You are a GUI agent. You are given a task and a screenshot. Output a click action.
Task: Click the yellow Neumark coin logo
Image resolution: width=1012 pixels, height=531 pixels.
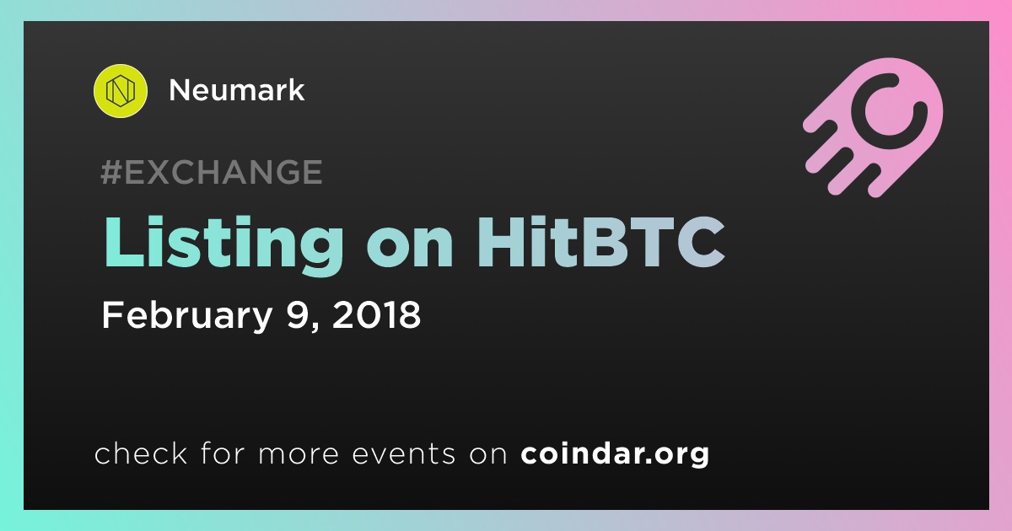(x=120, y=91)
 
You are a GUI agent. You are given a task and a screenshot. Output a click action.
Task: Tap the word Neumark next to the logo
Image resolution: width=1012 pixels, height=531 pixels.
(x=237, y=90)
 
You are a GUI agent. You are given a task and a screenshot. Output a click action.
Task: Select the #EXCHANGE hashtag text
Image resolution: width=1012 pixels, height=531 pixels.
(x=212, y=172)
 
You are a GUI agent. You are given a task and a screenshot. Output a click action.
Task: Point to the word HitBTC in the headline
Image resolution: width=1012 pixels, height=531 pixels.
(x=601, y=242)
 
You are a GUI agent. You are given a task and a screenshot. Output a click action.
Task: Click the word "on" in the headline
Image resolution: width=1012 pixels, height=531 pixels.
(x=410, y=249)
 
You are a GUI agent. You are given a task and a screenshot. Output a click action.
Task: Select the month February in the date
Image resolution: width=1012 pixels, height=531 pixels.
(x=187, y=315)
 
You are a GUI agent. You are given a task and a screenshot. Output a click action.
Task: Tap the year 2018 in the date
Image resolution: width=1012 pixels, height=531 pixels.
(x=376, y=314)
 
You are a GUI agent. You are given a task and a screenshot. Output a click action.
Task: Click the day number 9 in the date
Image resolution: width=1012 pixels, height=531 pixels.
(x=297, y=314)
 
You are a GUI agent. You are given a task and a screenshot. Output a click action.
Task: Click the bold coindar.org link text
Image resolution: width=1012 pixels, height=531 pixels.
(x=615, y=453)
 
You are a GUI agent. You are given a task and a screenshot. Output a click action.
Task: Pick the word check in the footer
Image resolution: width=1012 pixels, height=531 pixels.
(x=141, y=453)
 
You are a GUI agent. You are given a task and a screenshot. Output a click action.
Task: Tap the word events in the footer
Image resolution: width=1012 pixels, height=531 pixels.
(x=404, y=453)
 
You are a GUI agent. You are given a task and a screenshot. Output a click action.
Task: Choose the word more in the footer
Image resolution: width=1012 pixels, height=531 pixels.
(x=299, y=454)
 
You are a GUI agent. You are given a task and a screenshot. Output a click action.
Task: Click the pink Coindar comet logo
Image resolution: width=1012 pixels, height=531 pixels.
(x=873, y=127)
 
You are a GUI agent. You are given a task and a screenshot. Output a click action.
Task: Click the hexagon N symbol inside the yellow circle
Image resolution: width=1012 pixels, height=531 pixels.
(x=120, y=91)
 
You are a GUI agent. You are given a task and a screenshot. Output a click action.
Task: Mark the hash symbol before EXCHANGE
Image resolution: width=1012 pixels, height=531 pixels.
(x=111, y=172)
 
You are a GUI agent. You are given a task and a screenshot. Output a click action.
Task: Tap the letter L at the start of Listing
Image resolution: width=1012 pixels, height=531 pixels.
(x=124, y=242)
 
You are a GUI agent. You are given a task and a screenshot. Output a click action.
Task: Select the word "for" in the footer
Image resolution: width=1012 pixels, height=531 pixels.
(x=223, y=453)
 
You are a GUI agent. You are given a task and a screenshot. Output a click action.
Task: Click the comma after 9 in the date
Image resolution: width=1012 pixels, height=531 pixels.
(x=315, y=327)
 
